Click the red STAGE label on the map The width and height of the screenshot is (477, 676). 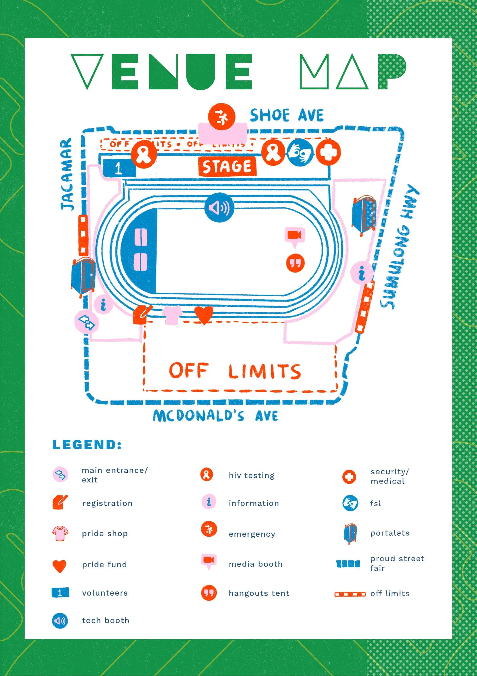(x=227, y=167)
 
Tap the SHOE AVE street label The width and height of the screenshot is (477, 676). (x=286, y=115)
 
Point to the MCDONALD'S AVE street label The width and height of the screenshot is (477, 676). (x=215, y=416)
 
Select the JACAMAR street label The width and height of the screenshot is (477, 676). (x=67, y=174)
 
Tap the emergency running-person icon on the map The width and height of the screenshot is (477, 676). (x=222, y=117)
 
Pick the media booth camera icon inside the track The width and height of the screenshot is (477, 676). (x=294, y=236)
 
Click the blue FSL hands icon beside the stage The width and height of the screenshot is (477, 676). (x=300, y=152)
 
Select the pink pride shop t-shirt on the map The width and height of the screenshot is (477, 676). (x=173, y=315)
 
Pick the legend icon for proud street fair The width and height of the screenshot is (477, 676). (x=348, y=563)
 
